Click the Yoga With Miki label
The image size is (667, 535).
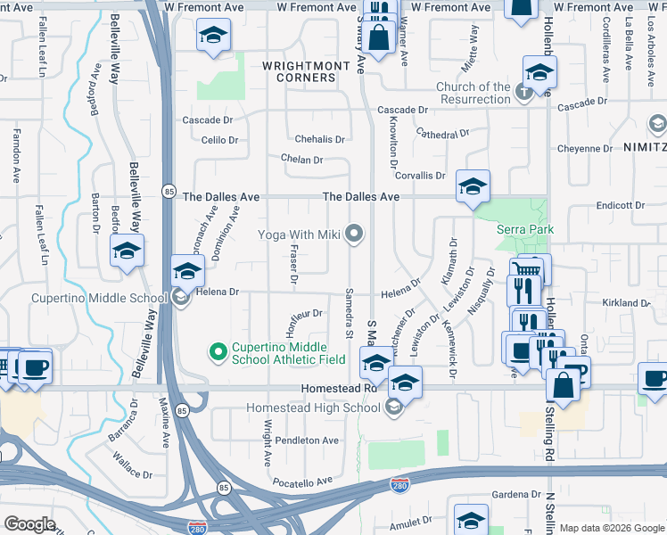300,235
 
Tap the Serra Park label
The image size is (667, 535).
525,229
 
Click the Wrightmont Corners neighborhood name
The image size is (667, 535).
299,71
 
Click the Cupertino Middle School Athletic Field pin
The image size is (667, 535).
216,353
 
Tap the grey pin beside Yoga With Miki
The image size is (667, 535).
355,235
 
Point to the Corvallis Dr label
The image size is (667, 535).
420,176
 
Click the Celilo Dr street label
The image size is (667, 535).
219,140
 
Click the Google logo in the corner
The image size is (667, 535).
30,524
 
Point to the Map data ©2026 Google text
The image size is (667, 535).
610,528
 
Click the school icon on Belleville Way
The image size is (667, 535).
128,251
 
